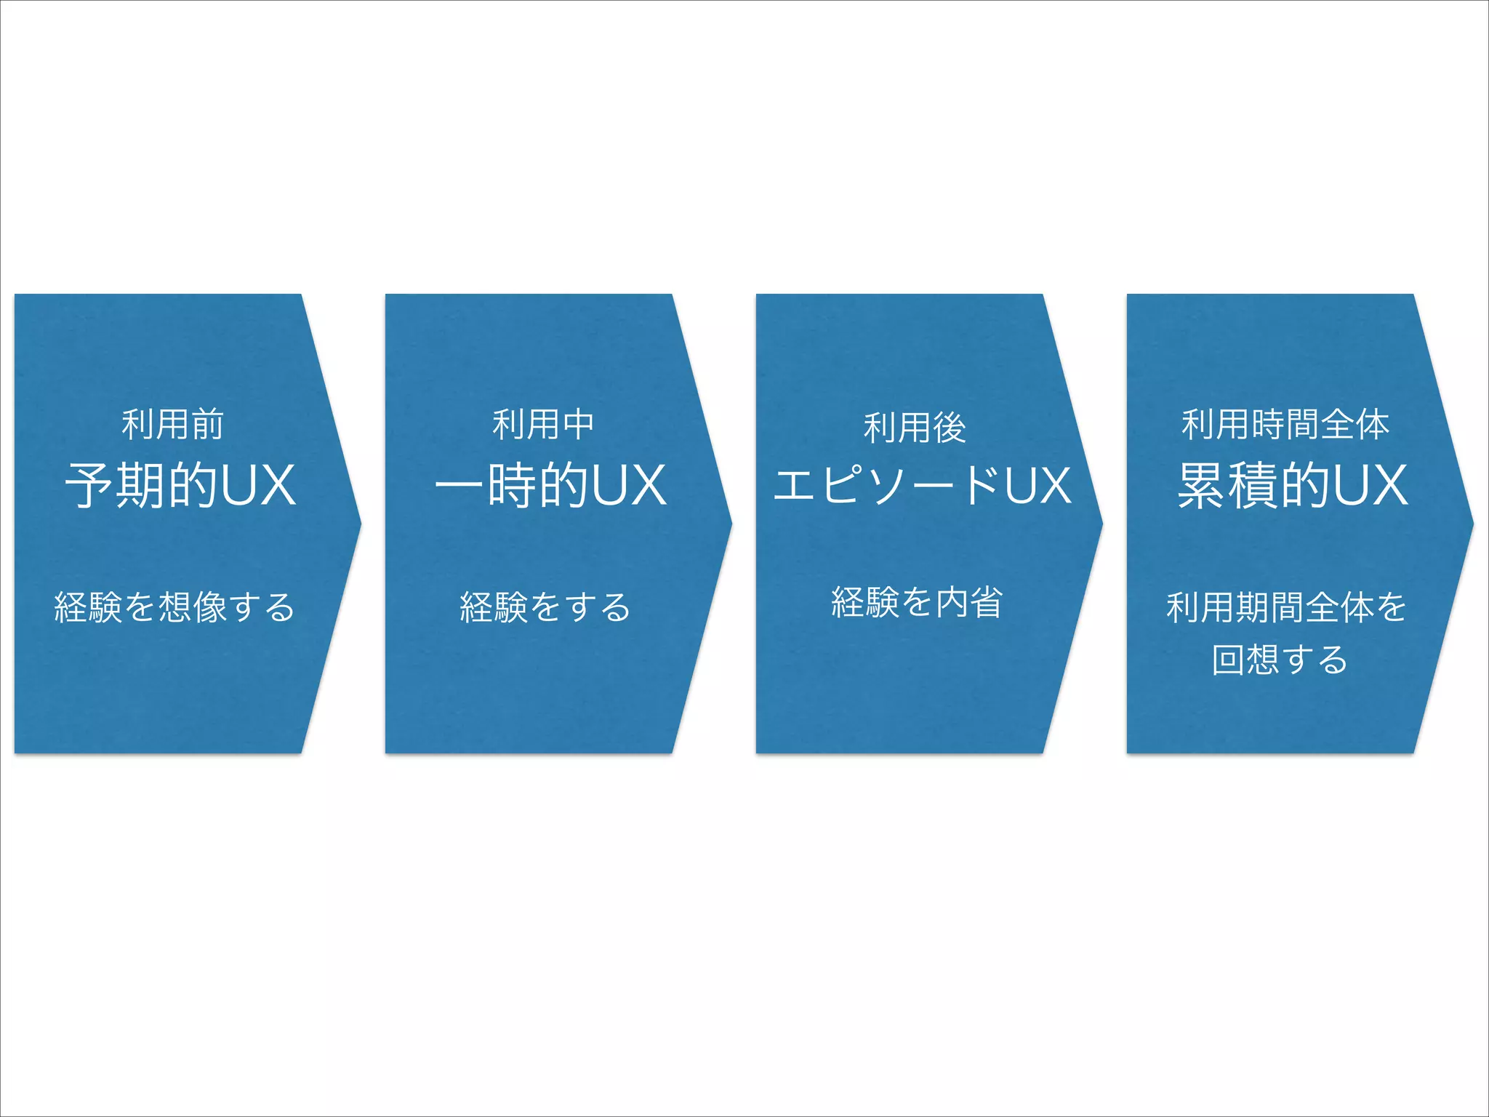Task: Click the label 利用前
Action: (172, 425)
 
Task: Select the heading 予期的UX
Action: (180, 485)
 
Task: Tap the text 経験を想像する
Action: (174, 607)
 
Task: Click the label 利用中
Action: (543, 425)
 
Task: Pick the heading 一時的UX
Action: (550, 485)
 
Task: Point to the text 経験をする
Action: (545, 607)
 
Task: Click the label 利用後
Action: (915, 428)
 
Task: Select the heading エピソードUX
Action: (922, 485)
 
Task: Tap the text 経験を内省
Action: (917, 603)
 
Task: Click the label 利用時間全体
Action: (1285, 425)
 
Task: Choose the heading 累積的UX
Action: (1293, 485)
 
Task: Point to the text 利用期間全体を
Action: (1286, 607)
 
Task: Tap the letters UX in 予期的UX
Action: (258, 485)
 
